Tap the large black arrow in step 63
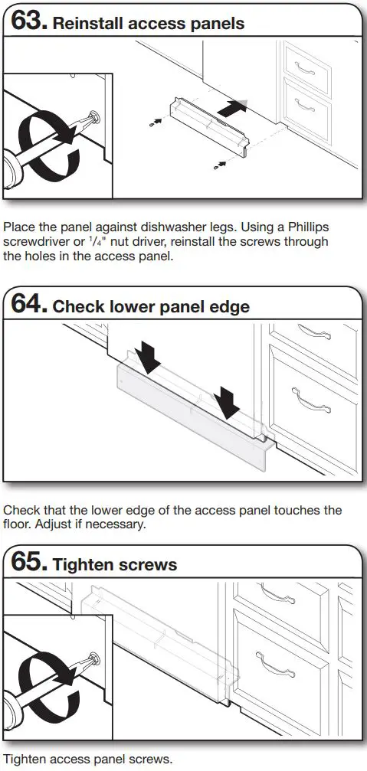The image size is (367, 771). click(234, 108)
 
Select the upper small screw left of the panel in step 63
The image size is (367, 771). click(155, 121)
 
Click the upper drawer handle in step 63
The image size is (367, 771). click(304, 68)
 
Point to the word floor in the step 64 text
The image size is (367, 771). click(17, 524)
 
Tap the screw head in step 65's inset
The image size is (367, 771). click(94, 658)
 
